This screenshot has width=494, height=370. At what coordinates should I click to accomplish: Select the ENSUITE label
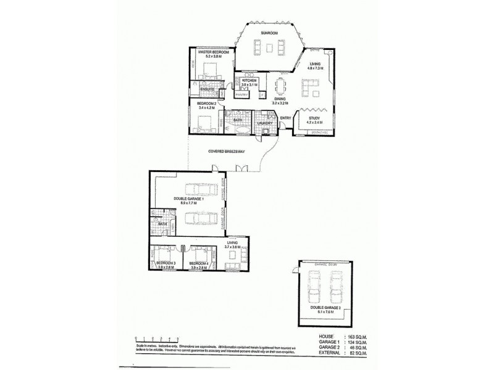(207, 89)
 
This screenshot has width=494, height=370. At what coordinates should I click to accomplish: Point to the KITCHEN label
(249, 81)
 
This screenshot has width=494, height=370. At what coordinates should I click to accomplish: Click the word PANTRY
(241, 96)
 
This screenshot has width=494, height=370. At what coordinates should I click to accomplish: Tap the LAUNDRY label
(265, 123)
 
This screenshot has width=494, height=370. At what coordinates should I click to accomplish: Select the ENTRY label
(285, 118)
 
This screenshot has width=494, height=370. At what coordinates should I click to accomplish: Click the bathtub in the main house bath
(238, 131)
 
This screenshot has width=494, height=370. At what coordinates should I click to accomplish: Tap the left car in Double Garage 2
(313, 286)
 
